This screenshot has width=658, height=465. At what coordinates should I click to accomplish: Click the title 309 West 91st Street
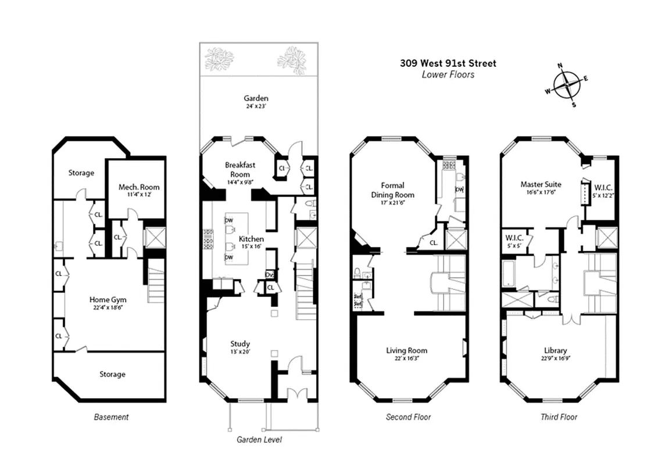(448, 63)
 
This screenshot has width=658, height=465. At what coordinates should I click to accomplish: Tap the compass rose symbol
(567, 86)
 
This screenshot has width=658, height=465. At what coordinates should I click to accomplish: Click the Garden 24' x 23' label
(256, 102)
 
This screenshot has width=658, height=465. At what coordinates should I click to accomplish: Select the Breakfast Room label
(240, 170)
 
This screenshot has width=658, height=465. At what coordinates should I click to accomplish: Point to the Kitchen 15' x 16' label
(251, 242)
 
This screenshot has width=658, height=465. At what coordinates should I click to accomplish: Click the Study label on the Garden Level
(239, 347)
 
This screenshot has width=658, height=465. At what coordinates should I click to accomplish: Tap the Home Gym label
(108, 303)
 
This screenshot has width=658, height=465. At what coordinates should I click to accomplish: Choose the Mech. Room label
(139, 190)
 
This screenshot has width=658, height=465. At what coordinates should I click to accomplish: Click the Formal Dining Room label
(392, 190)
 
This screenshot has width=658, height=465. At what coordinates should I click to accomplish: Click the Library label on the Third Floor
(555, 354)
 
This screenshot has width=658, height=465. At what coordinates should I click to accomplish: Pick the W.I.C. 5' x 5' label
(514, 240)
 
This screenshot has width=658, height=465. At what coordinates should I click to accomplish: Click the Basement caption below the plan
(111, 417)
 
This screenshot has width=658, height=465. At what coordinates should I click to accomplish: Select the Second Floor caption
(408, 417)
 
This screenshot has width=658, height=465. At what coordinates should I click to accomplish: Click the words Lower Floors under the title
(448, 74)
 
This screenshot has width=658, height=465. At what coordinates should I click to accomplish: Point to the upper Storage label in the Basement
(81, 173)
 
